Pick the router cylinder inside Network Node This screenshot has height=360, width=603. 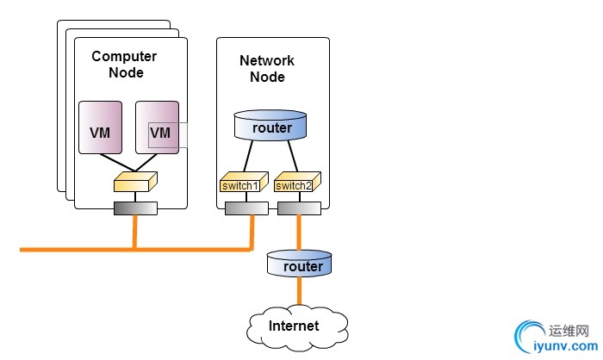pos(271,127)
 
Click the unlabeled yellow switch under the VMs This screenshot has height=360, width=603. pos(135,182)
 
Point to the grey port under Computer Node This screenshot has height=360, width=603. pos(135,208)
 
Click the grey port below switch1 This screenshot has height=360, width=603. pos(246,208)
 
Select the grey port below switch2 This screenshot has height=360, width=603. pos(299,208)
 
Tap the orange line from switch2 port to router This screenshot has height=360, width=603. pos(299,233)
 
